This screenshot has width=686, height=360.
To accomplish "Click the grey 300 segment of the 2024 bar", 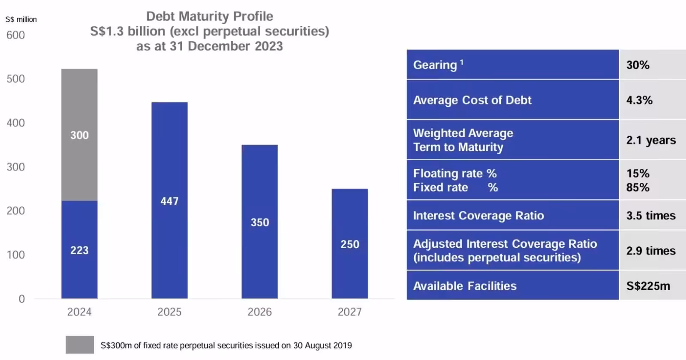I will tap(79, 135).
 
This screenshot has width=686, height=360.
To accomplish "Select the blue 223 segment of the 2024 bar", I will tap(79, 249).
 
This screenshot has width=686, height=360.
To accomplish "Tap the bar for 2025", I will tap(169, 200).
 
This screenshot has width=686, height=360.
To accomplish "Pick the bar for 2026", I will tap(259, 222).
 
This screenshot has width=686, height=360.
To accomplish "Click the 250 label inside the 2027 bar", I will tap(350, 244).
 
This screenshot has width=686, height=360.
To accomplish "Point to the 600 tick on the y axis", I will tap(15, 35).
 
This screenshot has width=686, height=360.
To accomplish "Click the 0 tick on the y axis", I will tap(21, 299).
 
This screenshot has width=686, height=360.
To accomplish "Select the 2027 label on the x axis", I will tap(349, 312).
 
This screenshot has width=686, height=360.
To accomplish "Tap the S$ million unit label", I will tap(21, 19).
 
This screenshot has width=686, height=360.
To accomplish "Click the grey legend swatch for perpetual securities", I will tap(80, 345).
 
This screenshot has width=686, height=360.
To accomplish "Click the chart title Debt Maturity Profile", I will tap(209, 16).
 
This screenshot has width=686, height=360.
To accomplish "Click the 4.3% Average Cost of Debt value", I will tap(639, 100).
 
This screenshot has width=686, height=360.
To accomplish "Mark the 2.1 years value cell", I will tap(651, 140).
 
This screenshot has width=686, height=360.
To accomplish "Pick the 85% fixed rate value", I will tap(638, 188).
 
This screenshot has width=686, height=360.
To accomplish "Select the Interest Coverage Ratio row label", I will tap(478, 216).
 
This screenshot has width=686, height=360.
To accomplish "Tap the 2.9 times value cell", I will tap(651, 251).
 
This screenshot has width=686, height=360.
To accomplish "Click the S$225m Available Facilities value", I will tap(648, 286).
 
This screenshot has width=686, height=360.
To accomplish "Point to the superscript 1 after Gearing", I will tap(462, 62).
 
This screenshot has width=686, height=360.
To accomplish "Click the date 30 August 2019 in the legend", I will tap(322, 345).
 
